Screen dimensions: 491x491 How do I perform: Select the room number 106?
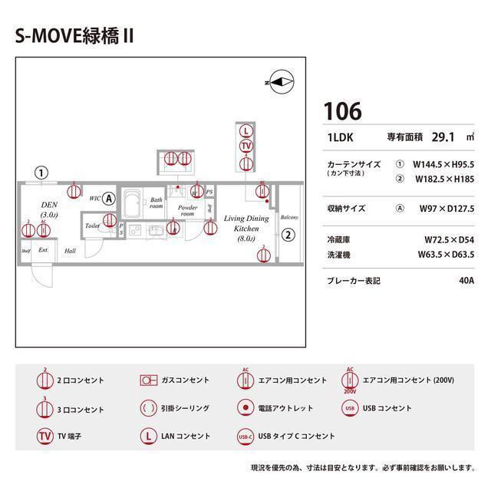tap(342, 111)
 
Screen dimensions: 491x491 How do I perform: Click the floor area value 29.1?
tap(443, 137)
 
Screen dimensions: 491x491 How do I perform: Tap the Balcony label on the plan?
tap(288, 217)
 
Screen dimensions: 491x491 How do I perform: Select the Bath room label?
tap(156, 203)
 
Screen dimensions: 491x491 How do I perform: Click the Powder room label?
tap(187, 211)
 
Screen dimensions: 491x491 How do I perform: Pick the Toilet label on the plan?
tap(92, 226)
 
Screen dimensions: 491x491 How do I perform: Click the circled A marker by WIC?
tap(109, 197)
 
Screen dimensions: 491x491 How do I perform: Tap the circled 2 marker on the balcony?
tap(288, 235)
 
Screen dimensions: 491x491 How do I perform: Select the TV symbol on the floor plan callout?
tap(245, 146)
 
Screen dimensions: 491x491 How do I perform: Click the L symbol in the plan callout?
tap(245, 130)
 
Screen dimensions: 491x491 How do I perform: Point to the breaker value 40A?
tap(466, 281)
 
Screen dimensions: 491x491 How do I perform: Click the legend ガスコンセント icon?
tap(148, 380)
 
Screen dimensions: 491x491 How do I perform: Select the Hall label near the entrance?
tap(70, 250)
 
